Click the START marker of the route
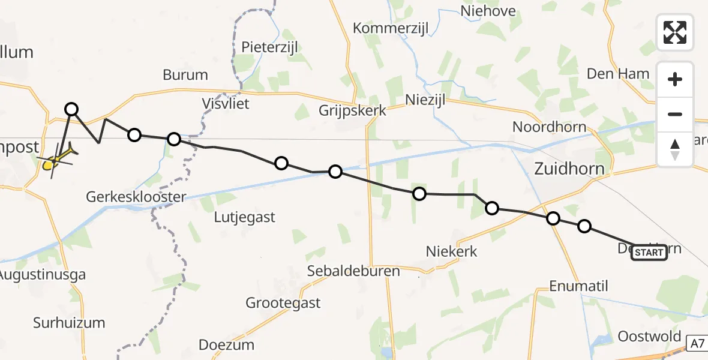coord(649,253)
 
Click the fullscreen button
coord(675,32)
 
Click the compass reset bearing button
coord(675,149)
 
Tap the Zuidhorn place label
coord(569,169)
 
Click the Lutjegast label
coord(244,217)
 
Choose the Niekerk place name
coord(451,251)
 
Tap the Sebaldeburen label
coord(353,271)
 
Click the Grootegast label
coord(283,303)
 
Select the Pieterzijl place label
coord(269,47)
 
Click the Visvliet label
coord(224,103)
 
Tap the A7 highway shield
coord(696,344)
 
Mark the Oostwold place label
coord(649,336)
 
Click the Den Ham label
coord(617,74)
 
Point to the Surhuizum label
coord(68,323)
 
